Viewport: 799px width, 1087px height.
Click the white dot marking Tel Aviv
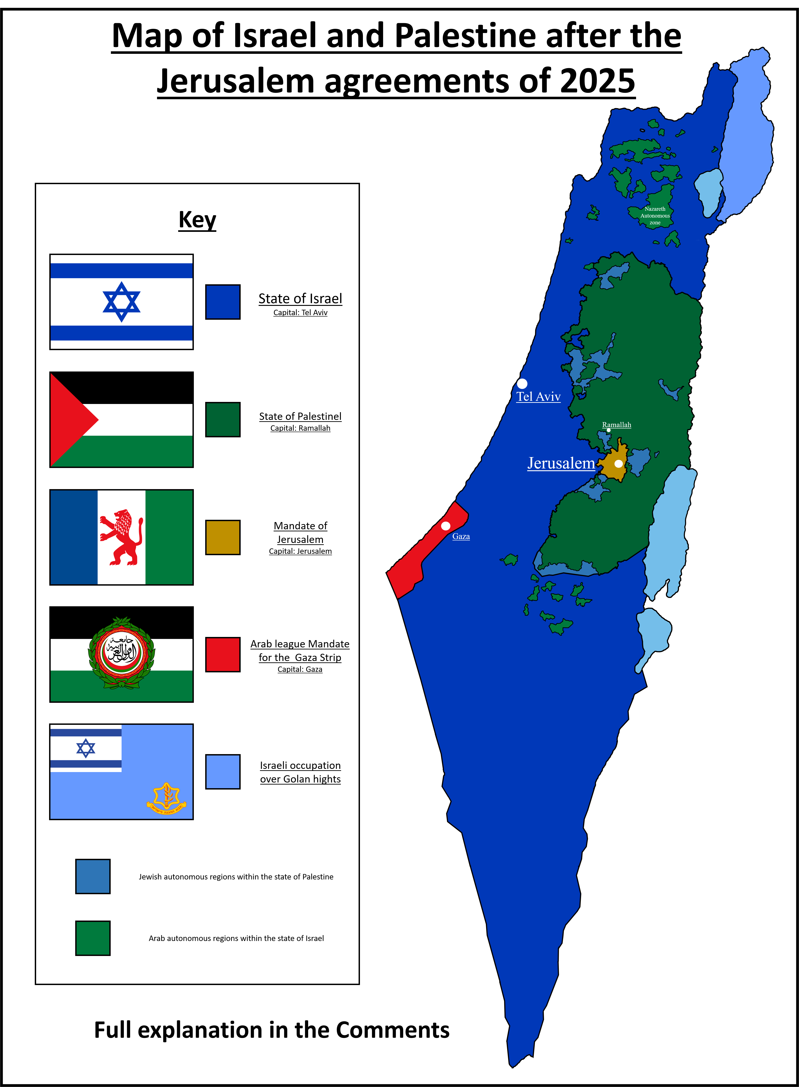tap(522, 384)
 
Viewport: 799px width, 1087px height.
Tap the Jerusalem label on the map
tap(561, 463)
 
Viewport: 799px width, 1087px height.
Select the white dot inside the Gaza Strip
tap(445, 525)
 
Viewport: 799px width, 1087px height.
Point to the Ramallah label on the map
tap(616, 425)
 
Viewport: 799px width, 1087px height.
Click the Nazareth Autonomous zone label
tap(655, 215)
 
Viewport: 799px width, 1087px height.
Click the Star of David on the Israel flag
tap(121, 302)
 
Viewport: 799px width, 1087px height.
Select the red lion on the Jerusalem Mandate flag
tap(121, 537)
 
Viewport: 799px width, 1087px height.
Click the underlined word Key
tap(197, 220)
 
